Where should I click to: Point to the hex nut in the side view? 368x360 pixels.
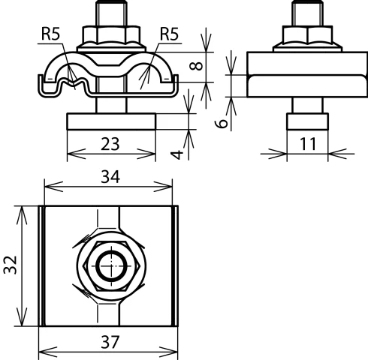coord(304,36)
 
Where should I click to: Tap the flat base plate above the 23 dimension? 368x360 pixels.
coord(111,121)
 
